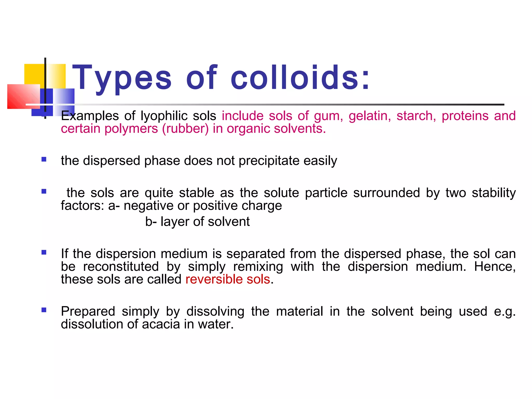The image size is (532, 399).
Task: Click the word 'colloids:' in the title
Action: [x=300, y=77]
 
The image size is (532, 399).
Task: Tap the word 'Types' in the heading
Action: [x=122, y=77]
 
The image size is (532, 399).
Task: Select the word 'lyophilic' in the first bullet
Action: [x=164, y=116]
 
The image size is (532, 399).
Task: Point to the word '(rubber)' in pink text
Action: [x=185, y=129]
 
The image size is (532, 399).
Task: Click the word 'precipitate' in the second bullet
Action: [x=269, y=161]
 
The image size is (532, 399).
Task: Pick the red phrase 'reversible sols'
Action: [x=228, y=280]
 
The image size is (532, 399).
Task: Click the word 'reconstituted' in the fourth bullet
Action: [x=121, y=267]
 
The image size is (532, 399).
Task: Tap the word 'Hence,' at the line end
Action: [x=495, y=267]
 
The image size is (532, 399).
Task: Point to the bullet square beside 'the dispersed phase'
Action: [x=44, y=159]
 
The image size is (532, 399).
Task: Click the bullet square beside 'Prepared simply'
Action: [x=44, y=310]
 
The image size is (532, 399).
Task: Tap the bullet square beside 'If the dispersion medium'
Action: [x=44, y=252]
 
